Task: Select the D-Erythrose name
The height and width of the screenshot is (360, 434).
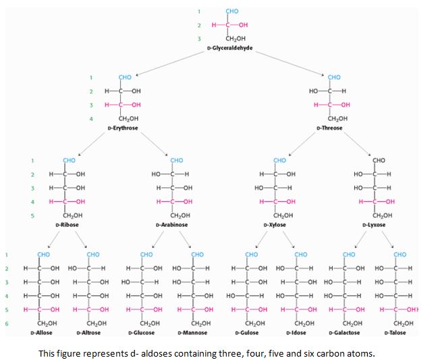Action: coord(124,128)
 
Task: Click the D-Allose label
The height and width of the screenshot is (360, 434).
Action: coord(42,332)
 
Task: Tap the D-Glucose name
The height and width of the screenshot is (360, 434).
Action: coord(142,332)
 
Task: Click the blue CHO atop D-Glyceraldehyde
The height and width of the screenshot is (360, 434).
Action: coord(232,11)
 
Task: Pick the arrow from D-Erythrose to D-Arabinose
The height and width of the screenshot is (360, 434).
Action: coord(151,143)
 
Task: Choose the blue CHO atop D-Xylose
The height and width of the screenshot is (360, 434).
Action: coord(279,160)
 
